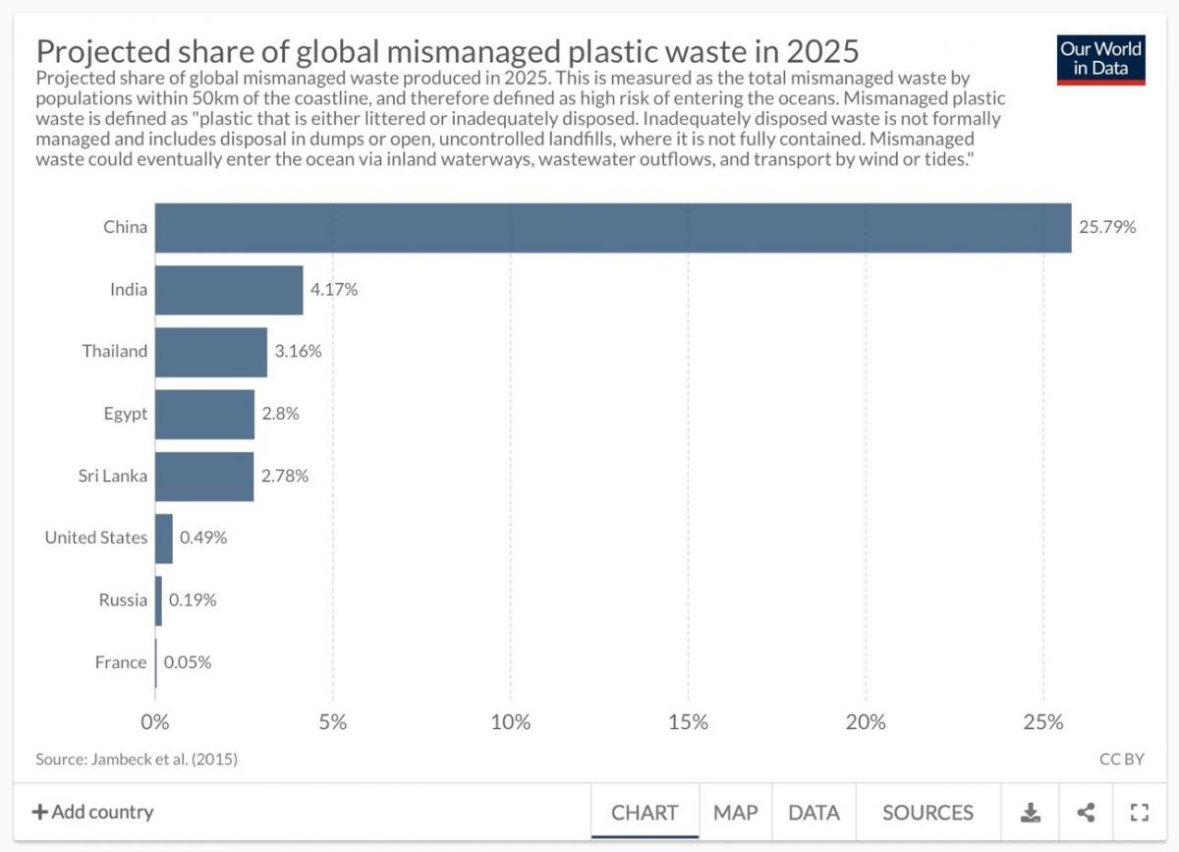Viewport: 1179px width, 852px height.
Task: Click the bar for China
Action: pyautogui.click(x=612, y=227)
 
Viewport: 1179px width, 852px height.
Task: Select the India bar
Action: pyautogui.click(x=229, y=290)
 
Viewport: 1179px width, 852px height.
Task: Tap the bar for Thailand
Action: pyautogui.click(x=211, y=352)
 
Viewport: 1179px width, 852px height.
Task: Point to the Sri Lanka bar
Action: pyautogui.click(x=204, y=476)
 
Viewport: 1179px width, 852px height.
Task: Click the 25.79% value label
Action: pyautogui.click(x=1107, y=227)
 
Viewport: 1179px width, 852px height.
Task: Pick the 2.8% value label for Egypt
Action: pyautogui.click(x=280, y=414)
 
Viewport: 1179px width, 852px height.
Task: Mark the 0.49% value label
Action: pyautogui.click(x=203, y=538)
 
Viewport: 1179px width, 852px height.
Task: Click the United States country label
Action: pyautogui.click(x=95, y=538)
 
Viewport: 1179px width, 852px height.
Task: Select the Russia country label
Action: pyautogui.click(x=123, y=600)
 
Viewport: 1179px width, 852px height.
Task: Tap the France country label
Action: pyautogui.click(x=121, y=662)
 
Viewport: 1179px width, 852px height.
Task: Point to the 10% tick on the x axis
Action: pyautogui.click(x=510, y=722)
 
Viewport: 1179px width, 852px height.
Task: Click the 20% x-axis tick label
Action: pyautogui.click(x=866, y=722)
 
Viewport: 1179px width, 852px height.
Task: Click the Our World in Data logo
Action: pyautogui.click(x=1101, y=60)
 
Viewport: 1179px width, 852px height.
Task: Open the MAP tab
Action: pyautogui.click(x=736, y=813)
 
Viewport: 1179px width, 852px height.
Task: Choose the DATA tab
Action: pyautogui.click(x=814, y=813)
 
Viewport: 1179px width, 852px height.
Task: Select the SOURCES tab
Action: pyautogui.click(x=927, y=813)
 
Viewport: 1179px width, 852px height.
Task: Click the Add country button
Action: pyautogui.click(x=92, y=813)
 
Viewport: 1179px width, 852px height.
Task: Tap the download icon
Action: pyautogui.click(x=1030, y=813)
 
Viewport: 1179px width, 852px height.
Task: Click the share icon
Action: pyautogui.click(x=1086, y=813)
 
